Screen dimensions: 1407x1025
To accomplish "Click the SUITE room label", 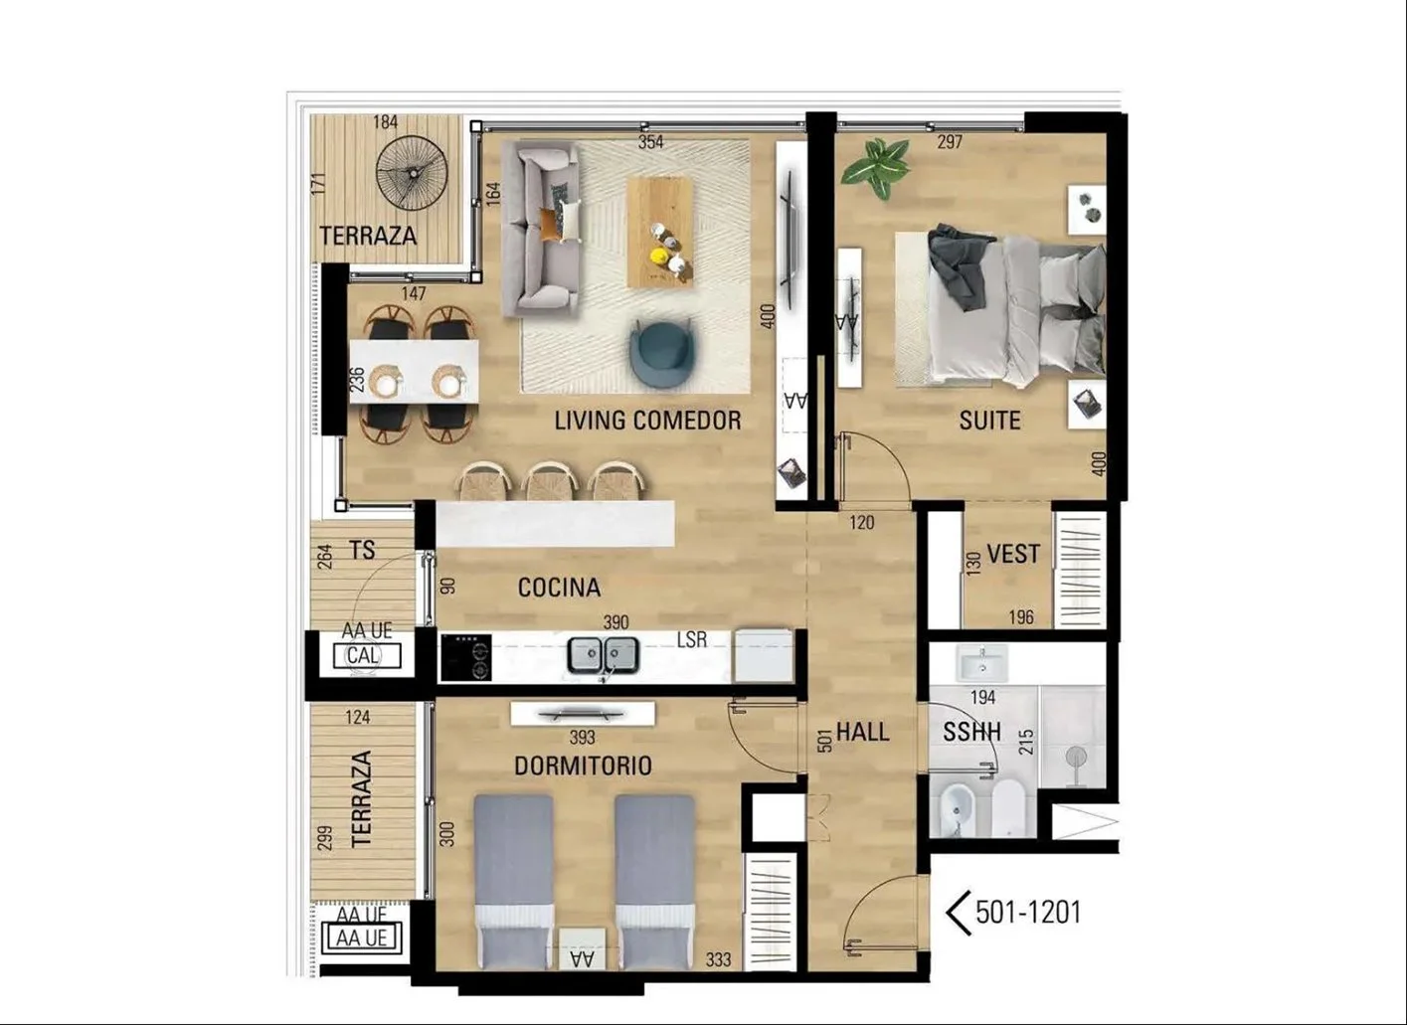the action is (x=990, y=421).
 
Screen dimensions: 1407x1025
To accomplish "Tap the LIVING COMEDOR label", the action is (x=647, y=421).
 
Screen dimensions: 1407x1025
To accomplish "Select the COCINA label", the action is (x=559, y=588).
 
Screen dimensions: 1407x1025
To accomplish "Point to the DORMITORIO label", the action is (x=583, y=766).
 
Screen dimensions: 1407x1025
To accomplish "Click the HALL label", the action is (x=863, y=732).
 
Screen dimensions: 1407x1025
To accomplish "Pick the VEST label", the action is (x=1013, y=554).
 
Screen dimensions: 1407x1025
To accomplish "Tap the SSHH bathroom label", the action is (x=971, y=732).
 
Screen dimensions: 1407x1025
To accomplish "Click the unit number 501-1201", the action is (x=1028, y=913).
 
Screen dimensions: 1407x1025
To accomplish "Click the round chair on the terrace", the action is (x=412, y=173).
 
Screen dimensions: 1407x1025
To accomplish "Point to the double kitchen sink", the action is (x=603, y=655).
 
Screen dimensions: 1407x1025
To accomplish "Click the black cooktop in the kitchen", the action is (x=465, y=657).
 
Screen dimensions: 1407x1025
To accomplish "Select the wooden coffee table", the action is (x=660, y=233).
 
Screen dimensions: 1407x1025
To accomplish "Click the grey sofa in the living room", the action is (x=541, y=228).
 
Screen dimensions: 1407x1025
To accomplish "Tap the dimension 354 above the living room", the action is (x=650, y=142).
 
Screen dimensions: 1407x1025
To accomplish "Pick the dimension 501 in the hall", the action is (x=825, y=740).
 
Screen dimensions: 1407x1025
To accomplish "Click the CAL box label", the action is (x=363, y=656).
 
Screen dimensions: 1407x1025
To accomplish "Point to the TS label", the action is (x=362, y=551).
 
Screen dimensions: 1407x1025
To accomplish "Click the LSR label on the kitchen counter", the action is (x=691, y=640).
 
